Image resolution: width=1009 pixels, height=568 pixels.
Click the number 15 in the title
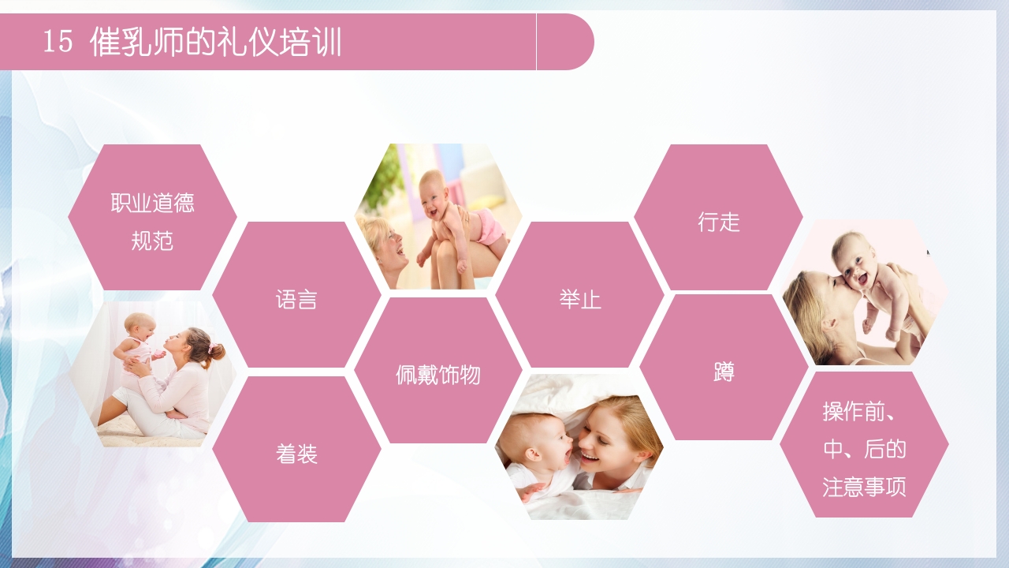[x=58, y=42]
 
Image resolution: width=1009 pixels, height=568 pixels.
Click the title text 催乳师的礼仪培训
[x=216, y=42]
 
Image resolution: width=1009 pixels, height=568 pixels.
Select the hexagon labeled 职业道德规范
[x=152, y=217]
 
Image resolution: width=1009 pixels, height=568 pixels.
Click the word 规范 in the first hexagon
[x=152, y=240]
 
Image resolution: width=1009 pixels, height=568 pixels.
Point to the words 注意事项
[x=864, y=486]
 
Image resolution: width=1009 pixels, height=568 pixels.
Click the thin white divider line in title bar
[x=536, y=42]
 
